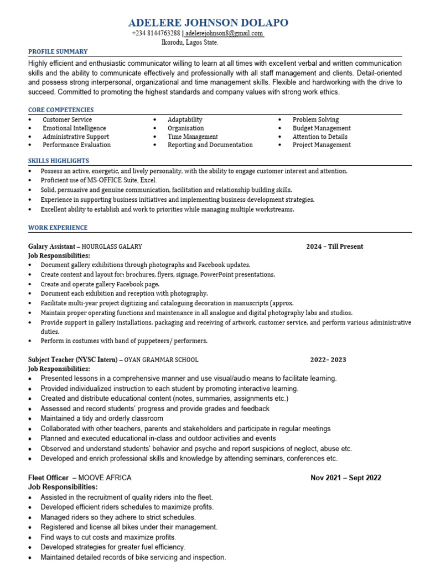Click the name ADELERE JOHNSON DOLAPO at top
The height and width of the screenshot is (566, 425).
(208, 23)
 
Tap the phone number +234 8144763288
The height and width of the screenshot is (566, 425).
(156, 34)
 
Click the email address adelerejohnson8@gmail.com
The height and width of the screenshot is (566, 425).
(224, 34)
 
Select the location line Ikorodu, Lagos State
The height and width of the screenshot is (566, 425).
(189, 42)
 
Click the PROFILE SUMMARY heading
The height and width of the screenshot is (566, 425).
(58, 52)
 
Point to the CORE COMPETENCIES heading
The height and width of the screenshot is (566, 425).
(61, 110)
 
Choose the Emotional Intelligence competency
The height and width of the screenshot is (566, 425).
(74, 128)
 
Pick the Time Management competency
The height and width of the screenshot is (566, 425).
(193, 137)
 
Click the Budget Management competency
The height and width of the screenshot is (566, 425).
(322, 128)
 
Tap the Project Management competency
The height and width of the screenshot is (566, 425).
(322, 145)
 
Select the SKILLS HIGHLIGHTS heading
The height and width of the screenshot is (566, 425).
(59, 161)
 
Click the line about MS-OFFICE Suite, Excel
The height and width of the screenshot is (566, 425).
(99, 180)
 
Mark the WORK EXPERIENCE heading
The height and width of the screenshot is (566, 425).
(58, 228)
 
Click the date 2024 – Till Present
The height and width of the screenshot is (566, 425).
(334, 247)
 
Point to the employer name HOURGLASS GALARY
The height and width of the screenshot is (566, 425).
(113, 247)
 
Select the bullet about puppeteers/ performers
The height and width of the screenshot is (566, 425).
(124, 340)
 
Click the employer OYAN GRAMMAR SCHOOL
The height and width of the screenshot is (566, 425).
(161, 360)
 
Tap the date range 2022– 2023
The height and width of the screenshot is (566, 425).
(328, 360)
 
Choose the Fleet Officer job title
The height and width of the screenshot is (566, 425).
(49, 478)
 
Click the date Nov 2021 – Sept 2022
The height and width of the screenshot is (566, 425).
(345, 478)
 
